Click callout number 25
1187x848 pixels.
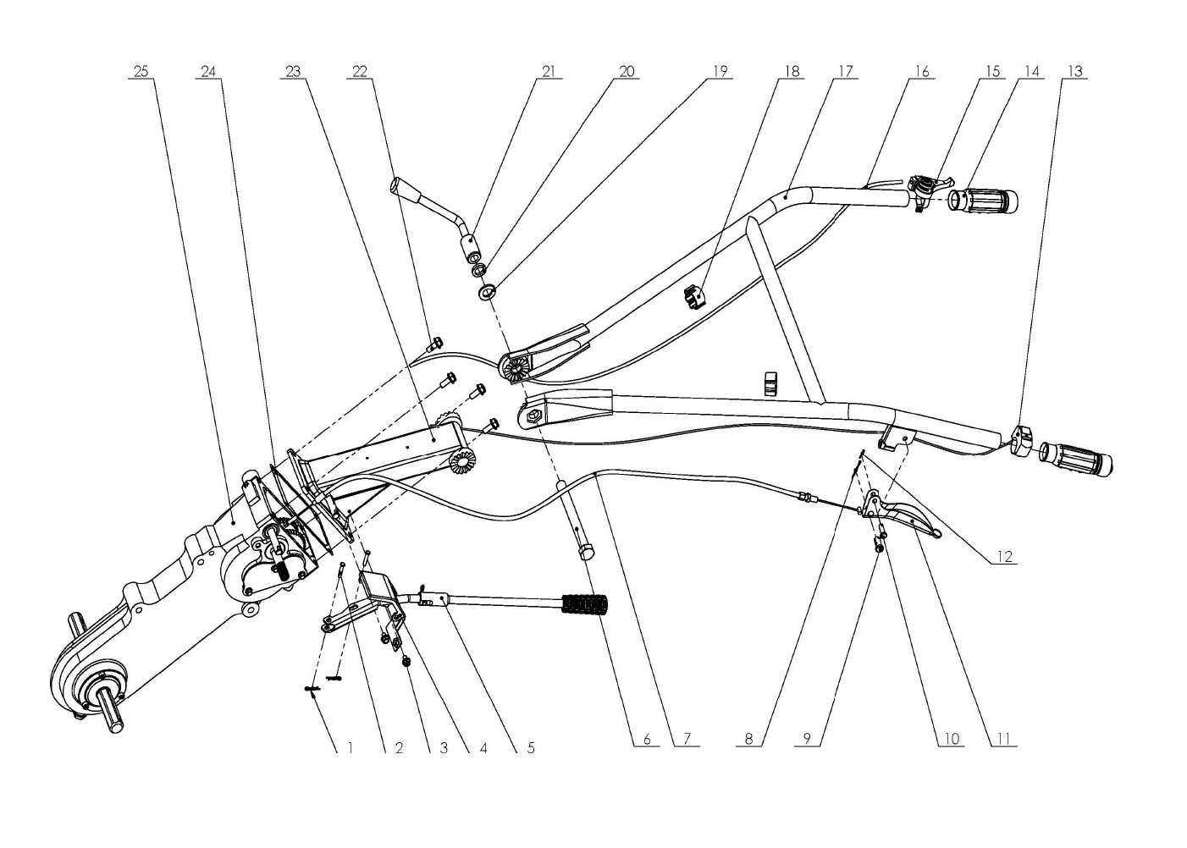141,71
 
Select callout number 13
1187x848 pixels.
1075,71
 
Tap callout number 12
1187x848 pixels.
1005,557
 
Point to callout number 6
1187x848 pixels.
647,738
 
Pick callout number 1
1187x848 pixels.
351,748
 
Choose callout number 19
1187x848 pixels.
720,71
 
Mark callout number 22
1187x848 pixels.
360,71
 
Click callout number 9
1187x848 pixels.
807,738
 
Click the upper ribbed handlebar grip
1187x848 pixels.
983,201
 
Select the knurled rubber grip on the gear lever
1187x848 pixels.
586,604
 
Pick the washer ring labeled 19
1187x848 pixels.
487,291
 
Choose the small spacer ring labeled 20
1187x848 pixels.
479,270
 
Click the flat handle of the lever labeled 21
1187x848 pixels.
403,189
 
